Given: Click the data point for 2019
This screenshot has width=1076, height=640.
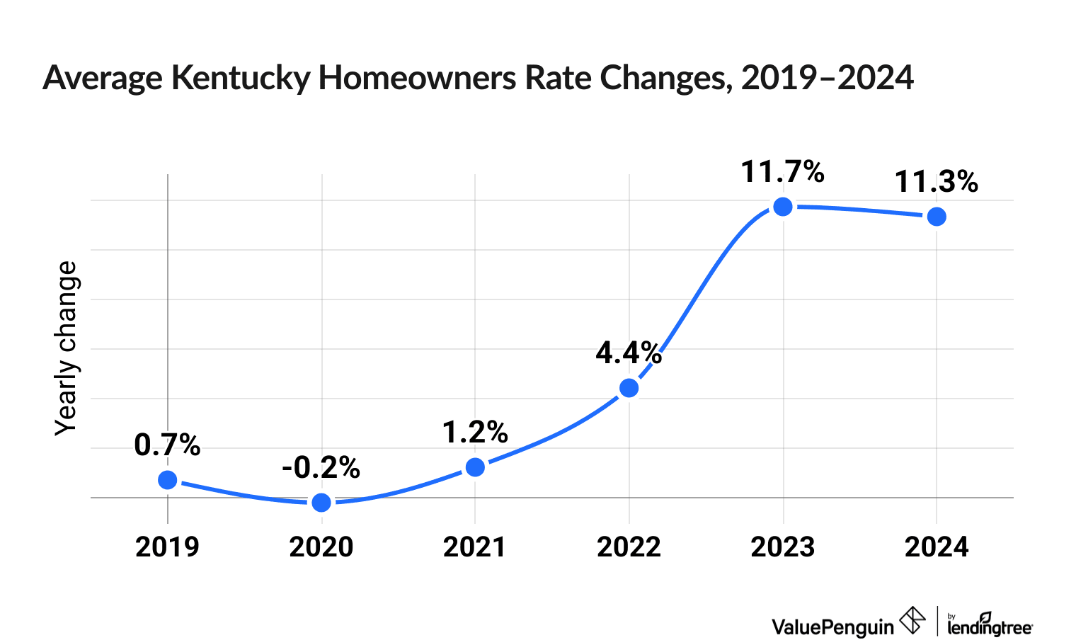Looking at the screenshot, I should click(x=168, y=480).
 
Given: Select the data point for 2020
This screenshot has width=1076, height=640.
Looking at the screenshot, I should click(x=321, y=502).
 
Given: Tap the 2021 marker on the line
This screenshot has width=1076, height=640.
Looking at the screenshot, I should click(x=476, y=467).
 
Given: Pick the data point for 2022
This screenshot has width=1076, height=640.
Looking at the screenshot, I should click(x=629, y=388).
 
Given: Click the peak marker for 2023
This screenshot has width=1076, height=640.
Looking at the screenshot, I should click(x=783, y=207).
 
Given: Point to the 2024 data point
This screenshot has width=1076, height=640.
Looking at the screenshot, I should click(x=937, y=217).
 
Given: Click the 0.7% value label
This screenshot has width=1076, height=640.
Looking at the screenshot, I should click(x=167, y=445).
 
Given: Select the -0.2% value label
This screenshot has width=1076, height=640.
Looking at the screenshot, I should click(x=321, y=468).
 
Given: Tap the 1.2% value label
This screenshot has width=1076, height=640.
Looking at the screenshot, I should click(x=475, y=433).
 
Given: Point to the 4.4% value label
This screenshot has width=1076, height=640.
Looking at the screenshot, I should click(x=629, y=353).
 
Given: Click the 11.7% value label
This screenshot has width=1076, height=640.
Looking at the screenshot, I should click(x=782, y=172).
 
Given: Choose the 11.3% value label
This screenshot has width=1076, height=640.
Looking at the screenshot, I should click(x=936, y=182).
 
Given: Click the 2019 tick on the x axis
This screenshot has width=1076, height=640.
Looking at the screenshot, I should click(x=168, y=547).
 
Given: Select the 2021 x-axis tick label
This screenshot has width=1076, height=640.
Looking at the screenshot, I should click(x=475, y=547).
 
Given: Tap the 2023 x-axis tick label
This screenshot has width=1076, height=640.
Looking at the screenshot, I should click(x=782, y=547).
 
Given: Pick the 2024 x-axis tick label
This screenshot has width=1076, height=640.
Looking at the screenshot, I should click(x=937, y=547).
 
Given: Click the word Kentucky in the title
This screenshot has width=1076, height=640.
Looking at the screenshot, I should click(x=240, y=78).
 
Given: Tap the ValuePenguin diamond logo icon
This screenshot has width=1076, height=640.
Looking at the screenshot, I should click(x=912, y=621).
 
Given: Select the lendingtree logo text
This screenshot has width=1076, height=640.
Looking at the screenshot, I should click(x=990, y=626).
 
